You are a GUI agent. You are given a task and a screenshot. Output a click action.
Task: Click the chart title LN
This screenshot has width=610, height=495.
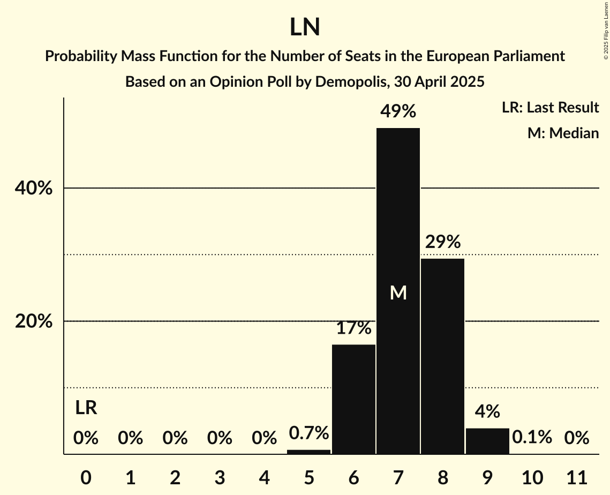point(305,28)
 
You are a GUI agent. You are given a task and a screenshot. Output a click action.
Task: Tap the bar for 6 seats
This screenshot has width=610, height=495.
point(353,399)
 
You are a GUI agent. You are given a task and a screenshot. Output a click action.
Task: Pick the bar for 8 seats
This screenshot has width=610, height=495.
point(442,356)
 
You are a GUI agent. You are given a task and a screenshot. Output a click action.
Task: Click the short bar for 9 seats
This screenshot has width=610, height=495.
point(487,441)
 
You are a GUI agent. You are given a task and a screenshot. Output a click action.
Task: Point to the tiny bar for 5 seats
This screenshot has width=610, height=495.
point(309,452)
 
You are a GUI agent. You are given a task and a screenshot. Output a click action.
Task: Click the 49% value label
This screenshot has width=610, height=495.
point(398,111)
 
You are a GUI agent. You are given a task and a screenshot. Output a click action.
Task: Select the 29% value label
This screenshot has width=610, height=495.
point(443,242)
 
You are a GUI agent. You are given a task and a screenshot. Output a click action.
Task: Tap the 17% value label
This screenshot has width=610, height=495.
point(353,328)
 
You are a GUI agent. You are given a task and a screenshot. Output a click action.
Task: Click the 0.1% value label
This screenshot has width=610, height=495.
point(532,438)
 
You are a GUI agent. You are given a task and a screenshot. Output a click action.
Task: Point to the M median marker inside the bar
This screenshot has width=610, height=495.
point(398,292)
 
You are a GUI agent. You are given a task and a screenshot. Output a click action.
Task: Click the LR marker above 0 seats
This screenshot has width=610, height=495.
point(86,408)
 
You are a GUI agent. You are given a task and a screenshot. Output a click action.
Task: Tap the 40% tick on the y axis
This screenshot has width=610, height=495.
point(33,189)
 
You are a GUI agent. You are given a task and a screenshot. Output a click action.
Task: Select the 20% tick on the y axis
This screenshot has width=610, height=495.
point(33,321)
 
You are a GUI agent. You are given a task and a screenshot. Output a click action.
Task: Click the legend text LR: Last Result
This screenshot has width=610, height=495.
point(550,108)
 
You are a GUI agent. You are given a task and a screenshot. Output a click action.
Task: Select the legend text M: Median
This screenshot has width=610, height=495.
point(563,133)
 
